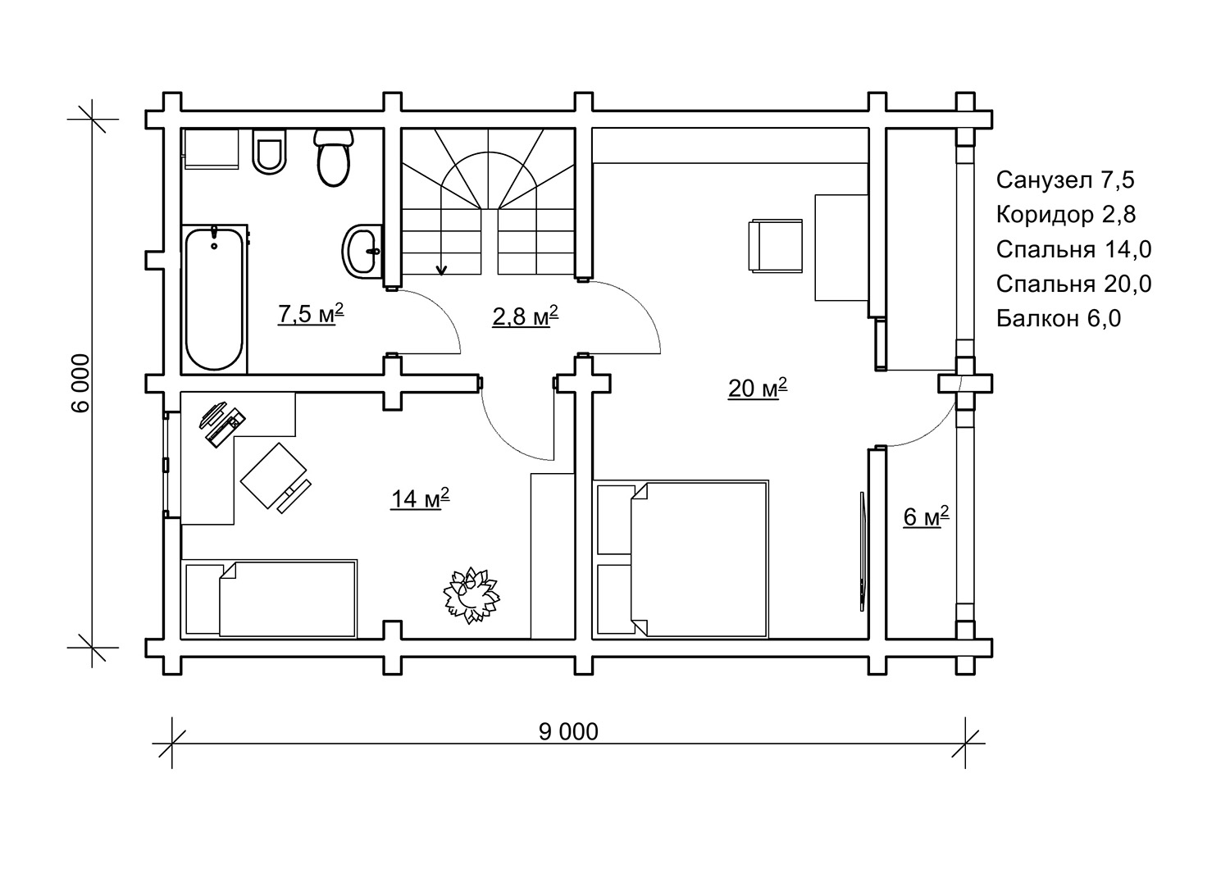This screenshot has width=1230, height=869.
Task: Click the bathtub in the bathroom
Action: [x=215, y=298]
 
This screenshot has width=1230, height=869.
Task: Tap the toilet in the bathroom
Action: [x=333, y=157]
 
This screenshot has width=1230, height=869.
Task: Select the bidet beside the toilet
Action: [x=269, y=152]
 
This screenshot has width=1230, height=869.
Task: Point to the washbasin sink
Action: [x=362, y=252]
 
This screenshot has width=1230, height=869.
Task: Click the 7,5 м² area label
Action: [x=311, y=313]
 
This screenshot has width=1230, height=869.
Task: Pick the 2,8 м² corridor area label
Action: [x=525, y=316]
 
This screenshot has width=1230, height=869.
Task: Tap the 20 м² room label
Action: [x=757, y=388]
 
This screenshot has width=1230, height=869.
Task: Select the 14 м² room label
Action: [x=420, y=498]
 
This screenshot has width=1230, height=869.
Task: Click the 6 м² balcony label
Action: [x=926, y=516]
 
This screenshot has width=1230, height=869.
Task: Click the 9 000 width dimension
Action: [x=568, y=732]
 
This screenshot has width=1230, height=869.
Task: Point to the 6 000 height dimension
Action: [x=80, y=383]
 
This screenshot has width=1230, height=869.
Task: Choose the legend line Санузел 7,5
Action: [x=1065, y=180]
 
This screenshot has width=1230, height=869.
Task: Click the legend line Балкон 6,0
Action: [x=1059, y=318]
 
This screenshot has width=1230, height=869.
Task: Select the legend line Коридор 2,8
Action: [x=1066, y=215]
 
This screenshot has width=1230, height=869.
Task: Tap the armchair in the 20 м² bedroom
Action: [x=776, y=245]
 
